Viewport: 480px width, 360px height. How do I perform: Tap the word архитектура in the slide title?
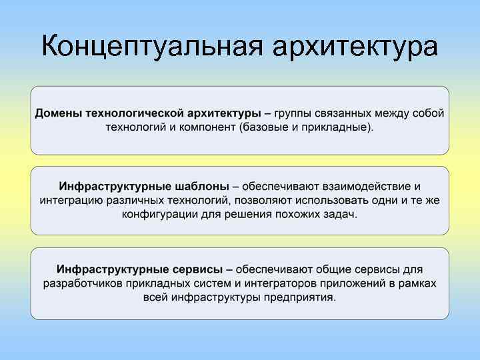pyautogui.click(x=355, y=48)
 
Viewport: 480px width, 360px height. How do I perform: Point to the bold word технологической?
pyautogui.click(x=131, y=113)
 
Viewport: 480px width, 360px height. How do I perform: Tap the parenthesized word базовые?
pyautogui.click(x=265, y=127)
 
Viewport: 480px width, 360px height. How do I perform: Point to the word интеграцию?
pyautogui.click(x=71, y=200)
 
